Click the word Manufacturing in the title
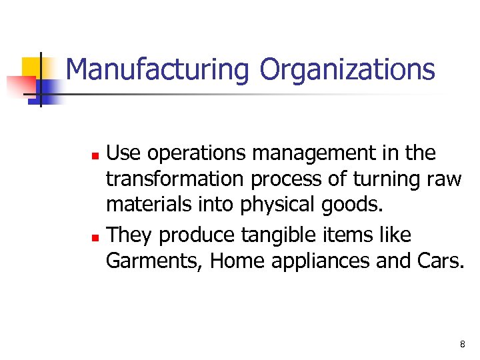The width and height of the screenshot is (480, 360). (x=157, y=70)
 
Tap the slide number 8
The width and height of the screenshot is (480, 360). (x=462, y=345)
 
